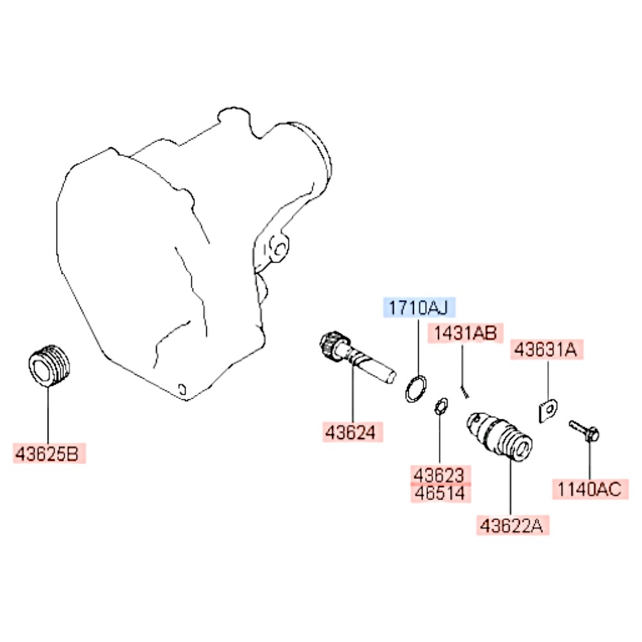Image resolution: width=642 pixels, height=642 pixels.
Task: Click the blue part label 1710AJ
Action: pos(419,308)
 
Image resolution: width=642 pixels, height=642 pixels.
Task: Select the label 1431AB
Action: pos(465,333)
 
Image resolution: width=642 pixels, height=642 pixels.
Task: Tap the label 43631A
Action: pos(546,350)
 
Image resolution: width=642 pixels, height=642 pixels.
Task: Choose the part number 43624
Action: pos(352,432)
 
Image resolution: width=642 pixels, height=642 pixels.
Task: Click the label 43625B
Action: pos(49,453)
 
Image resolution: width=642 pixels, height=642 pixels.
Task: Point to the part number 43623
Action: pos(440,475)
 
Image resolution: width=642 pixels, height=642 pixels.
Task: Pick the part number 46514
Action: pos(440,493)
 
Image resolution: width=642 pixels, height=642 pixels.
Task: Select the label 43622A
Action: pos(512,525)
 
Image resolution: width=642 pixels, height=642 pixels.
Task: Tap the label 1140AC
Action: pos(589,489)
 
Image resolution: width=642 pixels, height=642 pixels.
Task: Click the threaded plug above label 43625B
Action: pos(49,365)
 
